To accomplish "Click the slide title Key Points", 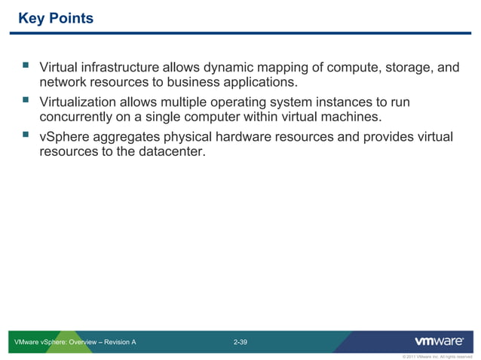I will tap(55, 18).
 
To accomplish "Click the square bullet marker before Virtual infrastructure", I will tap(25, 68).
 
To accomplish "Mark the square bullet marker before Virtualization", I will tap(25, 102).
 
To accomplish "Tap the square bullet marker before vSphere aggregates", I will tap(25, 136).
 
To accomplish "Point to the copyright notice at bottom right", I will tap(437, 356).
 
